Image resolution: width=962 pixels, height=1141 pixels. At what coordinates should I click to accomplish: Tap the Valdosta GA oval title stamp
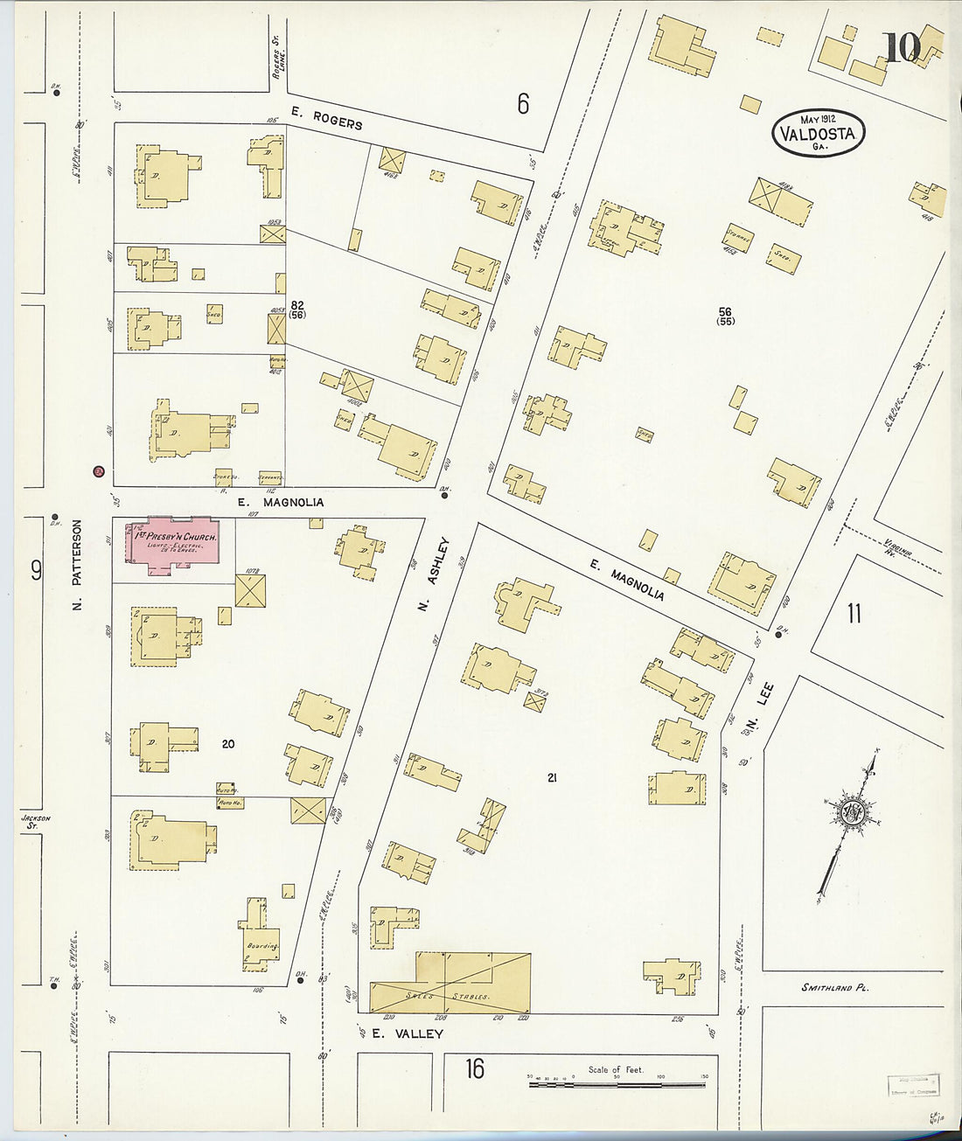coord(819,134)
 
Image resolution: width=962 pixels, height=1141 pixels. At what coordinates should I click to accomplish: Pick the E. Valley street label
coord(407,1033)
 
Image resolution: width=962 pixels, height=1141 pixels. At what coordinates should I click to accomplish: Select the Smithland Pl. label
coord(835,988)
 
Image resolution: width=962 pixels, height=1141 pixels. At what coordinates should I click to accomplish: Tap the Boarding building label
coord(261,946)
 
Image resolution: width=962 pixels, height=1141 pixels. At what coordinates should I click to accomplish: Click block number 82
coord(297,305)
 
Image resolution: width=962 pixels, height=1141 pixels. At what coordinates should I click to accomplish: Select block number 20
coord(228,744)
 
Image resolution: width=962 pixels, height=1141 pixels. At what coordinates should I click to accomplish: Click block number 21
coord(551,777)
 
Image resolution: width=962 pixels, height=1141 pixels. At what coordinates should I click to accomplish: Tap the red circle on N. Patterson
coord(99,472)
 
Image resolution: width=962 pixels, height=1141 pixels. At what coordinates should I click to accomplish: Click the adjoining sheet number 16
coord(474,1068)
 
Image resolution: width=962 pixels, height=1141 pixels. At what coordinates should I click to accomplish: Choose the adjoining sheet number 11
coord(854,613)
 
